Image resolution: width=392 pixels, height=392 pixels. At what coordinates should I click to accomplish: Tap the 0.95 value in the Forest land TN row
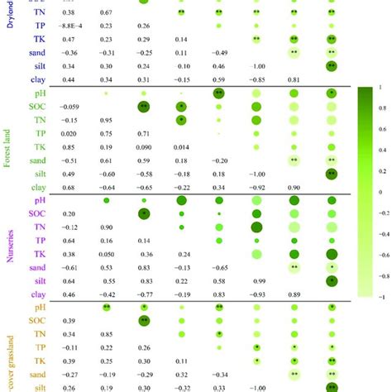point(107,120)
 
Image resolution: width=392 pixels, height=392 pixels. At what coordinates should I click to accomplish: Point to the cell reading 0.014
point(181,146)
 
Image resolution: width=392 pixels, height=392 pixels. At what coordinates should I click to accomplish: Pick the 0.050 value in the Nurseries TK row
point(107,254)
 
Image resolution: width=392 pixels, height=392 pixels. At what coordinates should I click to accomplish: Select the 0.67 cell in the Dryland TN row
point(107,12)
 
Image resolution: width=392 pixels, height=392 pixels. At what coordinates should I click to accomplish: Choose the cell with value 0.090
point(144,146)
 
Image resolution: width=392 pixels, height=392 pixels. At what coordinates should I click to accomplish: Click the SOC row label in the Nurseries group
point(37,213)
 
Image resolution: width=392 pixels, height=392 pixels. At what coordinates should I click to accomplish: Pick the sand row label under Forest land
point(36,160)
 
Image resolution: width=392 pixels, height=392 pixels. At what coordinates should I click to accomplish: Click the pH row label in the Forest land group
point(40,93)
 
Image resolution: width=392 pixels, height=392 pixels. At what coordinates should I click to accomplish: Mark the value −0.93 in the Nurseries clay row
point(256,294)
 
